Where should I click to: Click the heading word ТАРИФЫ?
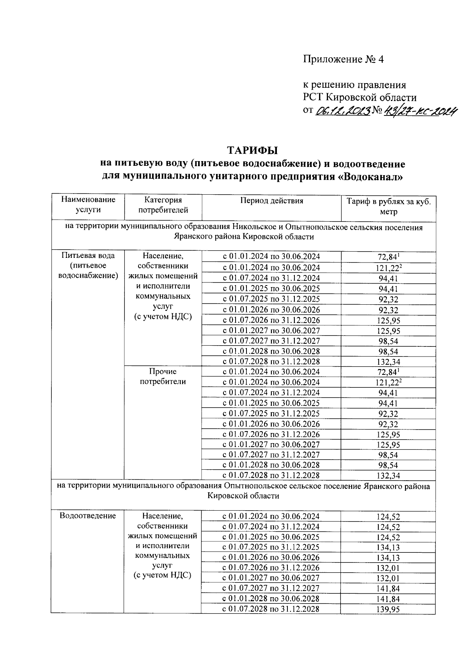(x=252, y=150)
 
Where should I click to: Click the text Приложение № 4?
(x=344, y=59)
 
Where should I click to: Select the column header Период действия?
(x=271, y=201)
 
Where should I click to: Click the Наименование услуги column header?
(x=88, y=204)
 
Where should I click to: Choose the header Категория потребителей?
(x=163, y=205)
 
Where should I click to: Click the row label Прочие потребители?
(x=163, y=376)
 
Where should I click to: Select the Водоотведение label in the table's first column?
(x=88, y=516)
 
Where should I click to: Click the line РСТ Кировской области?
(x=360, y=98)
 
